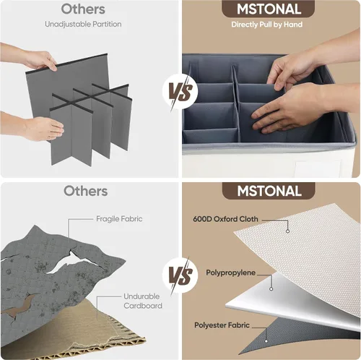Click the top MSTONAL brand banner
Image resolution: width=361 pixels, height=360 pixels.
pyautogui.click(x=269, y=9)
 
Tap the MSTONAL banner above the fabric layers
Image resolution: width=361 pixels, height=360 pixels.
pyautogui.click(x=269, y=191)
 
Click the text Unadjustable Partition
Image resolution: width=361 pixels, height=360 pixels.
pyautogui.click(x=83, y=24)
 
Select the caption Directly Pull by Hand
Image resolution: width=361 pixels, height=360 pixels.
pyautogui.click(x=267, y=25)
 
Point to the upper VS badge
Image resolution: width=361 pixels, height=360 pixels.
pyautogui.click(x=180, y=92)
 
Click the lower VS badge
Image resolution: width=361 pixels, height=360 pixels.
pyautogui.click(x=180, y=275)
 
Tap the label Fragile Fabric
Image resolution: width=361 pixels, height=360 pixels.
pyautogui.click(x=119, y=219)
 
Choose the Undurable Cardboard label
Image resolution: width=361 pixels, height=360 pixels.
pyautogui.click(x=143, y=301)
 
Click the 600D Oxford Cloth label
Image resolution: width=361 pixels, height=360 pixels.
pyautogui.click(x=225, y=219)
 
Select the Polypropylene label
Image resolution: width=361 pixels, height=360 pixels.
pyautogui.click(x=230, y=273)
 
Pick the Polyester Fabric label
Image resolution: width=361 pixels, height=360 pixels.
pyautogui.click(x=222, y=325)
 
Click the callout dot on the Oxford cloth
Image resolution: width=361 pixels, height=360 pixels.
pyautogui.click(x=287, y=231)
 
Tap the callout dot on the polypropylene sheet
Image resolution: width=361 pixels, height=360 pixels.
pyautogui.click(x=271, y=288)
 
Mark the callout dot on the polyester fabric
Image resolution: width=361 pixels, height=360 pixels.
pyautogui.click(x=266, y=341)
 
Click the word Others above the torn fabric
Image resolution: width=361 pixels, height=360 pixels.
pyautogui.click(x=86, y=191)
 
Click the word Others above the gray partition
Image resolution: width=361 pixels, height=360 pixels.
pyautogui.click(x=83, y=9)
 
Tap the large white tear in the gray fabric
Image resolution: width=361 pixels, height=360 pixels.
pyautogui.click(x=72, y=262)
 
